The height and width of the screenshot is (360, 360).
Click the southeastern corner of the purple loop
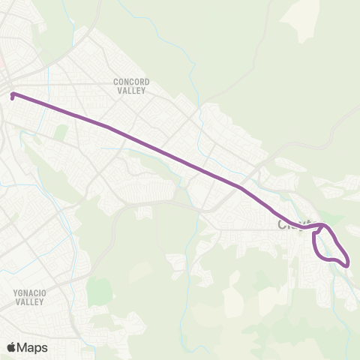coord(346,262)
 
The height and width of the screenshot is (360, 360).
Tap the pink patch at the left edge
coord(3,61)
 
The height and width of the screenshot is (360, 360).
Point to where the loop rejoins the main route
coord(321,225)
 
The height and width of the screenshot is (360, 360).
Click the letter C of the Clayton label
coord(283,224)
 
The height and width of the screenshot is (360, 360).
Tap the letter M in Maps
coord(22,347)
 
